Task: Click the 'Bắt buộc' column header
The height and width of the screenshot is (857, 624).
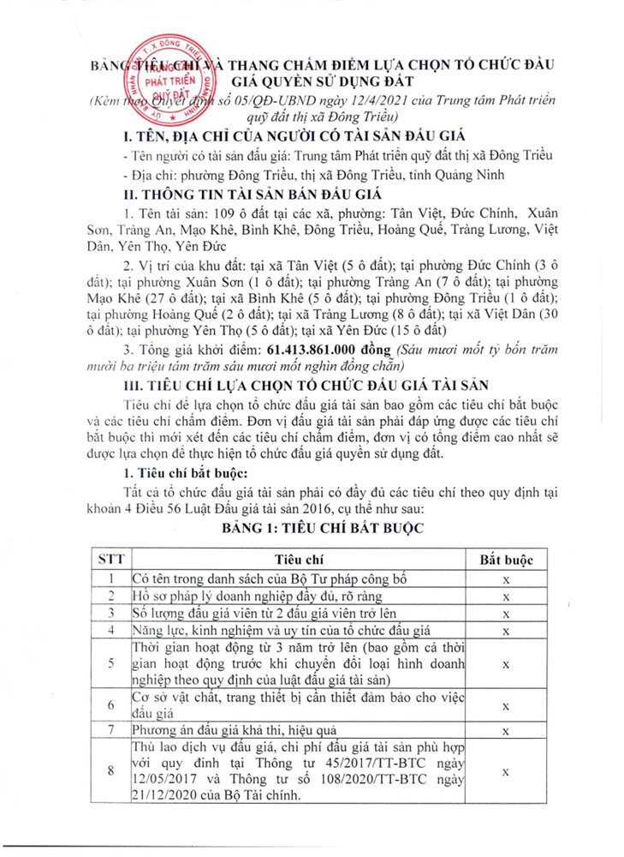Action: [506, 559]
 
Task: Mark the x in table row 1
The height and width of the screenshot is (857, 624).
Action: [506, 580]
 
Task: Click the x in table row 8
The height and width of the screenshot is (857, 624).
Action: [506, 772]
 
